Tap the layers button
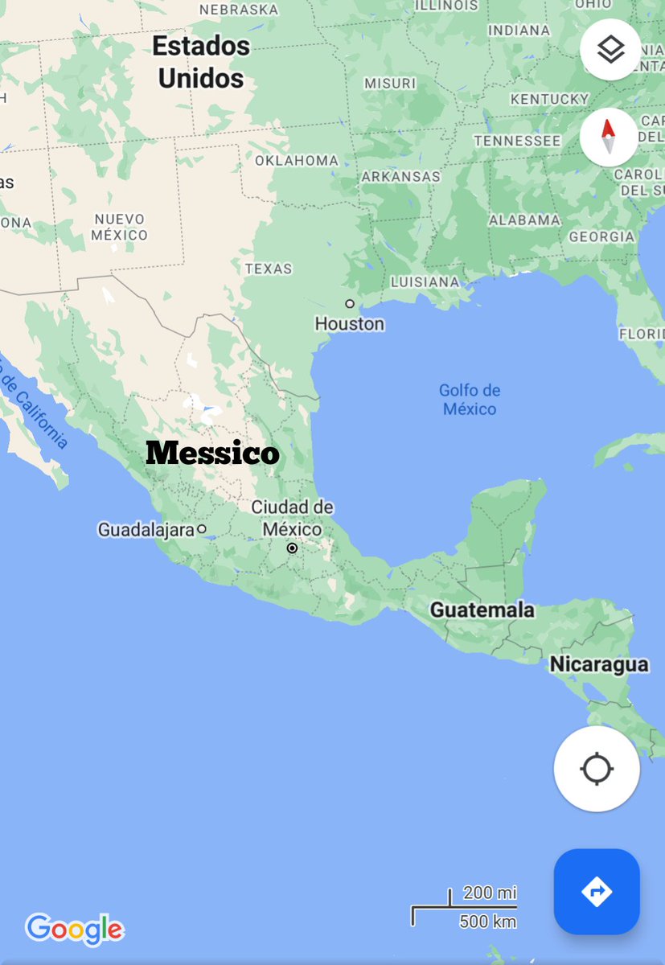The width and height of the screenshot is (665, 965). point(610,50)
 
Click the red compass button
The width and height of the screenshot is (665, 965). point(609,137)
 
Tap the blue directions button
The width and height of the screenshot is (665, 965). point(597,891)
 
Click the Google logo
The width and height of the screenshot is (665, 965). point(74,929)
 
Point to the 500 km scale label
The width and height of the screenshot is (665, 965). point(487,922)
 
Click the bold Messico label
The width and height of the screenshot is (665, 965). point(212,454)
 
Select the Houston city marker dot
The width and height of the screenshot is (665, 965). point(350,304)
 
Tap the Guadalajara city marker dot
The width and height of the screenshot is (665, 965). point(202,529)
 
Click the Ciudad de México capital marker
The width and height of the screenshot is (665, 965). point(293,548)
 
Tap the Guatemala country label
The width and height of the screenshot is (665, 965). point(482,610)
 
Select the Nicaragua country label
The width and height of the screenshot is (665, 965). point(599,665)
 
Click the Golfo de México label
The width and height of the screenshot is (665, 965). point(469,400)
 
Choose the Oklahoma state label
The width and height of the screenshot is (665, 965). point(297,161)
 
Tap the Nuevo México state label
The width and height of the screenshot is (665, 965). point(119,227)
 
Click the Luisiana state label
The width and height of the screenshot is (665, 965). point(425,282)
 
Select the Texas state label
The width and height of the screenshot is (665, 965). point(269,269)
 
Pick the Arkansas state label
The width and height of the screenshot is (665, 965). point(401,176)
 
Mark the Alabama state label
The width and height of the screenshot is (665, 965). point(524,220)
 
